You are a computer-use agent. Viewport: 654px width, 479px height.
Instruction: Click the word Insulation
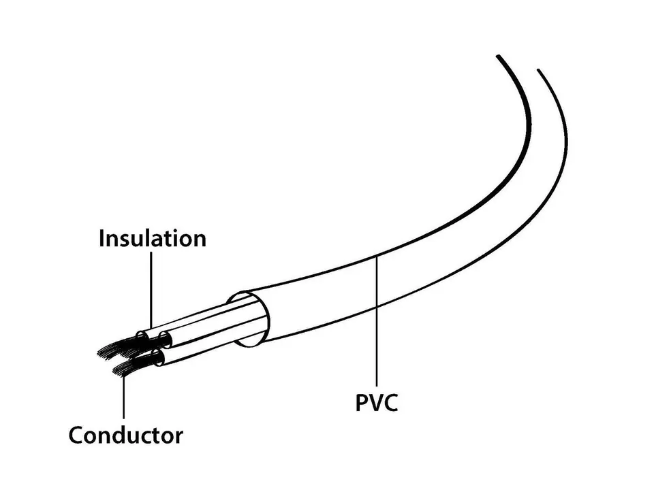click(153, 238)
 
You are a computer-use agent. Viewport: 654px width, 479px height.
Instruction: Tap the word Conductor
click(125, 435)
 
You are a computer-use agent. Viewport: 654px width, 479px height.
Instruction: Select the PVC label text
click(377, 402)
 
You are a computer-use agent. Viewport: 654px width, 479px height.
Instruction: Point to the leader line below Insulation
click(151, 290)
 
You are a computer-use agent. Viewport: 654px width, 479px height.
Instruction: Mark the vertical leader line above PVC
click(377, 321)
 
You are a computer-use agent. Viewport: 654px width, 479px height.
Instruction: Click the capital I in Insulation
click(102, 238)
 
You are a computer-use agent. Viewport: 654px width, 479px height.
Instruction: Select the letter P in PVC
click(361, 402)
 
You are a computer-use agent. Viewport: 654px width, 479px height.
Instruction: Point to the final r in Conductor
click(179, 437)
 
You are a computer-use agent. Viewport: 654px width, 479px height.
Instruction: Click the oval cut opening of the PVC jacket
click(249, 320)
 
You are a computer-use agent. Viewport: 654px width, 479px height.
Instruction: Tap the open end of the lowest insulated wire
click(159, 358)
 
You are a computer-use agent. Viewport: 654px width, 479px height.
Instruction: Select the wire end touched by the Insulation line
click(142, 336)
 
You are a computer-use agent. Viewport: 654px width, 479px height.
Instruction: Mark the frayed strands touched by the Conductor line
click(127, 368)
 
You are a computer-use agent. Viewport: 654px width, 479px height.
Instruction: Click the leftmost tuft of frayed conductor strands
click(112, 351)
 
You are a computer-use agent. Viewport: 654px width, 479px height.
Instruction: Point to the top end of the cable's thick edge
click(498, 56)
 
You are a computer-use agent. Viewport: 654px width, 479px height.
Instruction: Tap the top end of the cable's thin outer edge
click(538, 69)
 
